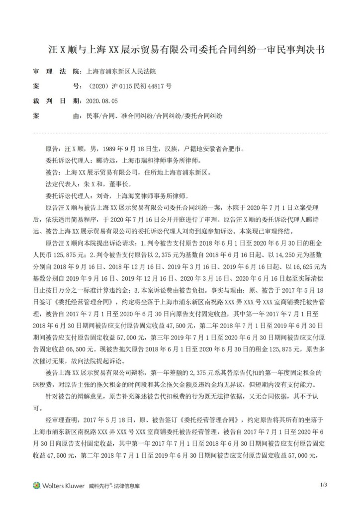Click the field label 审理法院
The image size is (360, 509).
[55, 72]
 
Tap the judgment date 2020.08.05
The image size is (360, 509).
[101, 100]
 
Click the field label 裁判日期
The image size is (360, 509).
[55, 100]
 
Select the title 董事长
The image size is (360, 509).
[121, 183]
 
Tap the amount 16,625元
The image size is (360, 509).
[306, 265]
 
